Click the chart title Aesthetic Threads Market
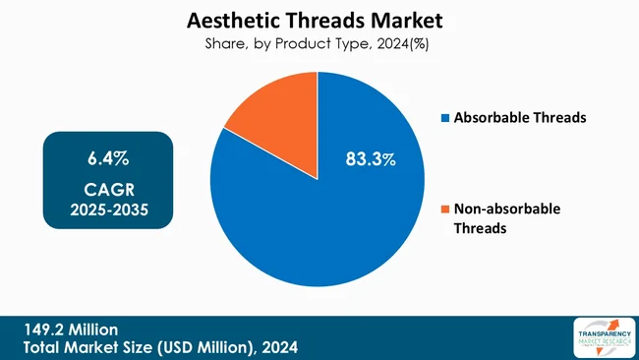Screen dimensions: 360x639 319,19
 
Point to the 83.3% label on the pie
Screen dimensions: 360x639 370,158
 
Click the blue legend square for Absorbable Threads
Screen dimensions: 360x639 445,118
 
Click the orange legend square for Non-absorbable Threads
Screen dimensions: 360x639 445,209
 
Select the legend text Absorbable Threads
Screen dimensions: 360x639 519,118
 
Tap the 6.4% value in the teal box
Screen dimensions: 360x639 108,157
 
